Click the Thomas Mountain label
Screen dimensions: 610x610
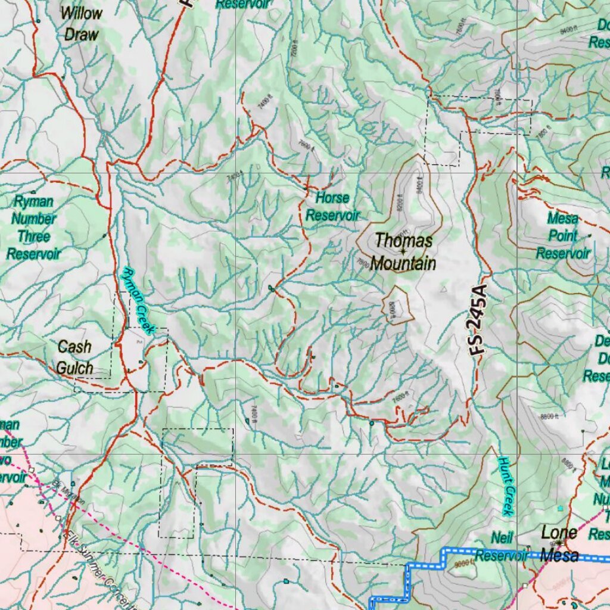coord(403,252)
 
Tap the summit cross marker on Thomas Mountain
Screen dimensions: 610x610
coord(403,251)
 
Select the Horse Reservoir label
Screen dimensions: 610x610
coord(333,206)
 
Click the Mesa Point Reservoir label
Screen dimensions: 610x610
coord(563,235)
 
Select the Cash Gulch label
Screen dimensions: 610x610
coord(74,357)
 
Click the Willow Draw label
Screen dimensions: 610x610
coord(81,23)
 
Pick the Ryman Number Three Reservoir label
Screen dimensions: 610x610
coord(34,228)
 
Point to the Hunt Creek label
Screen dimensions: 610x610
coord(506,486)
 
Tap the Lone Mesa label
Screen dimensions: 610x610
coord(559,543)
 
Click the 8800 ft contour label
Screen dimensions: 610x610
coord(549,416)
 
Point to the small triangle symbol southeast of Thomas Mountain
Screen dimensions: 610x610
coord(443,290)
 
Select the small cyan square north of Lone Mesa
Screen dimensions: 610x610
coord(560,508)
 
